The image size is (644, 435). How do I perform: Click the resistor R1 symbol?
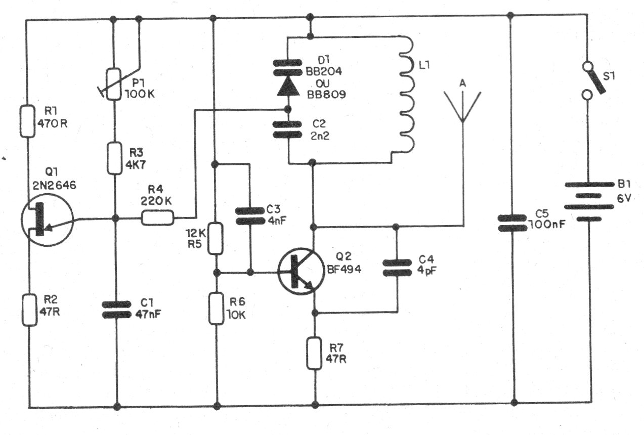tap(27, 121)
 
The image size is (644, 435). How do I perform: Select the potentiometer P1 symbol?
tap(114, 84)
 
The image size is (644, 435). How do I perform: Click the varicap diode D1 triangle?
tap(288, 86)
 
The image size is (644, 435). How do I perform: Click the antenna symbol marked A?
tap(462, 106)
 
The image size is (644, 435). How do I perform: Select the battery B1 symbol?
tap(589, 201)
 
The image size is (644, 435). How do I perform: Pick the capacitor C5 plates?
tap(512, 223)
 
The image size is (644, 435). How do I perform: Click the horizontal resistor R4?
tap(157, 217)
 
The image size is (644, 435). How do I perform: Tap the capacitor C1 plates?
tap(117, 310)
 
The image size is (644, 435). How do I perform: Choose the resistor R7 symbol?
tap(314, 353)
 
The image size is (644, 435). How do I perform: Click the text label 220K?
tap(156, 201)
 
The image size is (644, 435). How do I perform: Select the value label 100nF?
tap(547, 225)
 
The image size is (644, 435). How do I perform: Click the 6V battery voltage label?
tap(624, 198)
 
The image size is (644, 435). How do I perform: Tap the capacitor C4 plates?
tap(397, 268)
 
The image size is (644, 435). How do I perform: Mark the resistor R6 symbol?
tap(216, 309)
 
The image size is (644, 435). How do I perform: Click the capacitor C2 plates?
tap(287, 129)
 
